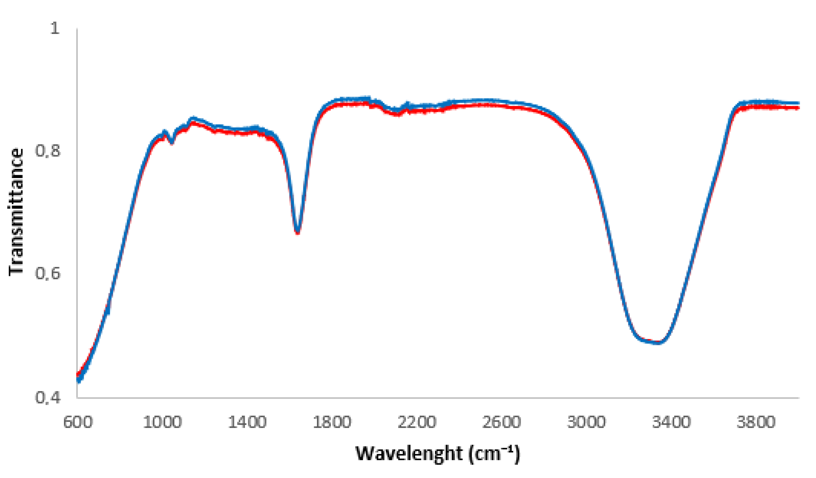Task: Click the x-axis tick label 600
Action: [78, 423]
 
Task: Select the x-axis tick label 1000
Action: [162, 423]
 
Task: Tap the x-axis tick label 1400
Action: [247, 423]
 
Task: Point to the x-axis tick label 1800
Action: [332, 423]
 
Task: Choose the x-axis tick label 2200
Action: [417, 423]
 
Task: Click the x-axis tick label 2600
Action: [502, 423]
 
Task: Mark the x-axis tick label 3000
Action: [586, 423]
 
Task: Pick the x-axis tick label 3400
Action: [671, 423]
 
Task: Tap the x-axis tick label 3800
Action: [756, 423]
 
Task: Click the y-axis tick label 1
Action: [55, 29]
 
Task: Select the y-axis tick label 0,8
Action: [48, 151]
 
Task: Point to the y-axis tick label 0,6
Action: [48, 274]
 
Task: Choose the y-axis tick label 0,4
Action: [48, 397]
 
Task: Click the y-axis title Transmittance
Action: [16, 212]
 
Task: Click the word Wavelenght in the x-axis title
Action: [409, 454]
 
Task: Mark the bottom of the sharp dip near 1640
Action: [298, 232]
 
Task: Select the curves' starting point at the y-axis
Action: [78, 377]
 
